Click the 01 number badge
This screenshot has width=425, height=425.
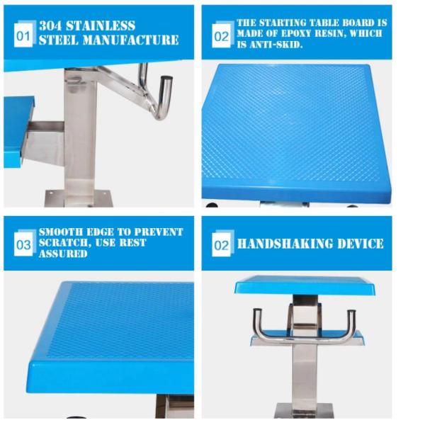pos(23,34)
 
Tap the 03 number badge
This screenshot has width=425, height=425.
pos(23,244)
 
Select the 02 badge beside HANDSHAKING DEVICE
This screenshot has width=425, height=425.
pos(222,244)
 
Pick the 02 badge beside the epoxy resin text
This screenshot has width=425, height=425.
pos(222,35)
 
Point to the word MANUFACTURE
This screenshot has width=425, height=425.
pos(130,40)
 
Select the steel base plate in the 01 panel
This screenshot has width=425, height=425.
pos(78,198)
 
